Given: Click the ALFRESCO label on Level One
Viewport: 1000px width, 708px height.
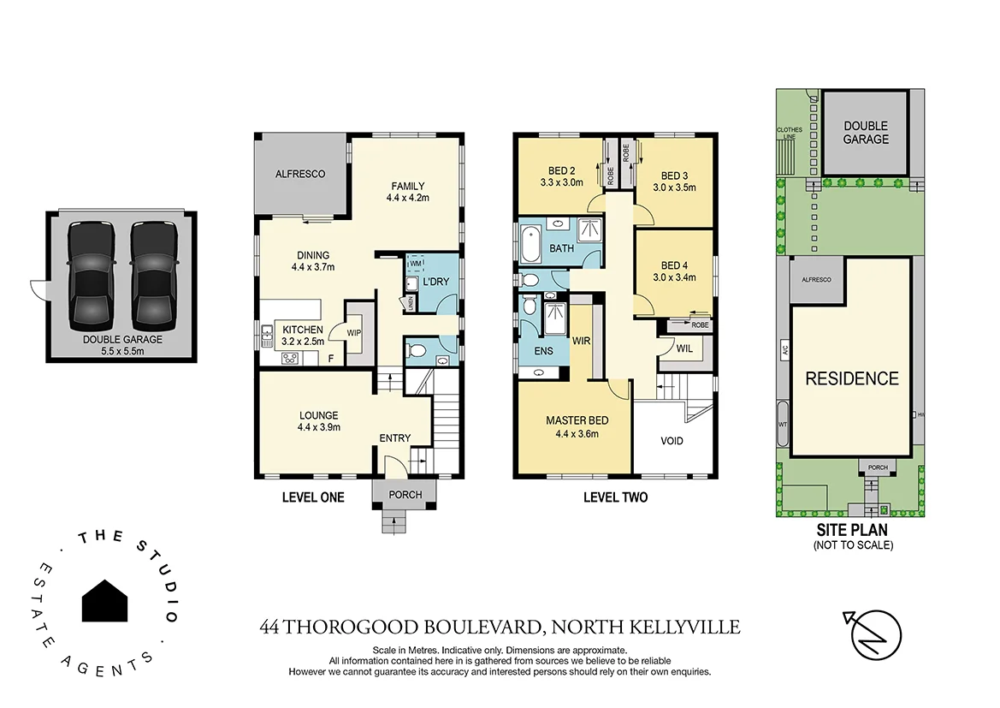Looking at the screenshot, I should (300, 174).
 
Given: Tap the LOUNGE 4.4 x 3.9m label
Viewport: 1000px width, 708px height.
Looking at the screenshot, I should (319, 421).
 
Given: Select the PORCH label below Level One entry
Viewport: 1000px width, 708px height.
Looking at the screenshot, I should (405, 494).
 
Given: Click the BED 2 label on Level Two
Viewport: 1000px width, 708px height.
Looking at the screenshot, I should (561, 176).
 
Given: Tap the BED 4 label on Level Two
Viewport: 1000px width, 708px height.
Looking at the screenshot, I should (674, 271).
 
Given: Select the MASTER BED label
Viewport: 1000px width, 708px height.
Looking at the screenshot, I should (577, 426).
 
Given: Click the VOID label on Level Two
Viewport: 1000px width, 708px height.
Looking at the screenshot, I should (672, 443).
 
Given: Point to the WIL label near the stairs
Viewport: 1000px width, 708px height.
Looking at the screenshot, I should (683, 348).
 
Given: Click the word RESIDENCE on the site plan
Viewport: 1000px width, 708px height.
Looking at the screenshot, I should (851, 378).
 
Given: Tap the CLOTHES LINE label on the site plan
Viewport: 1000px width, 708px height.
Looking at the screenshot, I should (789, 133).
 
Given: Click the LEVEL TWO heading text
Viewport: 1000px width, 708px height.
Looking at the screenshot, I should (615, 497).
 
